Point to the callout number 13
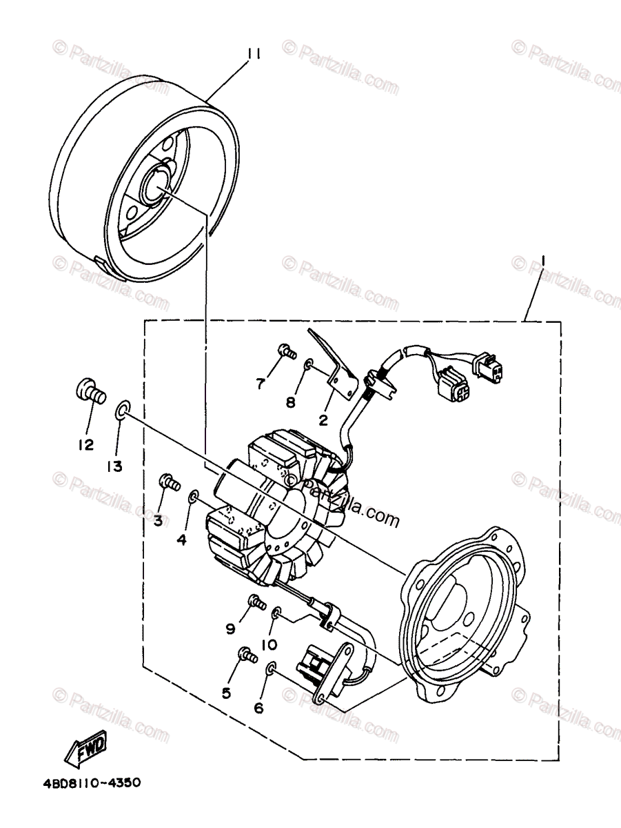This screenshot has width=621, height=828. (114, 466)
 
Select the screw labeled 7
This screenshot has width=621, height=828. (285, 352)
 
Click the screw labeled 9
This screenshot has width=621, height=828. (256, 602)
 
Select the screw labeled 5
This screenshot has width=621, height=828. (245, 653)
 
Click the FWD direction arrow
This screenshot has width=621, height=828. (86, 748)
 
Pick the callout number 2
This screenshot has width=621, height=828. (323, 418)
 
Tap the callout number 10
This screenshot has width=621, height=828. (269, 644)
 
